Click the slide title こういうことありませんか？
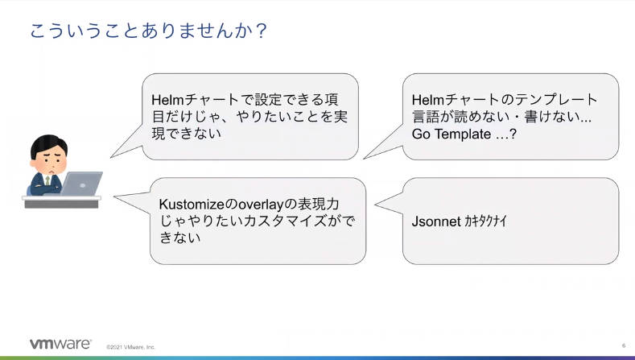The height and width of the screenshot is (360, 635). click(x=148, y=31)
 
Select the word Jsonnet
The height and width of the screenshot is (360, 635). click(x=436, y=221)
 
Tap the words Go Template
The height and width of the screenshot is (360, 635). click(x=452, y=134)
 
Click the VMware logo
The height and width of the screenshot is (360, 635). click(x=60, y=344)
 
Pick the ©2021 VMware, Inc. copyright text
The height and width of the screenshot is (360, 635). click(x=130, y=347)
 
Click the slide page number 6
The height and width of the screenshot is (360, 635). click(x=624, y=346)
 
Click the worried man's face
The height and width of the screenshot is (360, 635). click(x=49, y=161)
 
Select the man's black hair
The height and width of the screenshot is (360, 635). click(x=48, y=145)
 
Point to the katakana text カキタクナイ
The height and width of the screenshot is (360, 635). click(x=485, y=221)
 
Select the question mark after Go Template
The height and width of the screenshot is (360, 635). click(x=513, y=134)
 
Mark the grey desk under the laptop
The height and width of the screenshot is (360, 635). click(x=61, y=201)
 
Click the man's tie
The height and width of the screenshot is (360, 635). click(x=47, y=180)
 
